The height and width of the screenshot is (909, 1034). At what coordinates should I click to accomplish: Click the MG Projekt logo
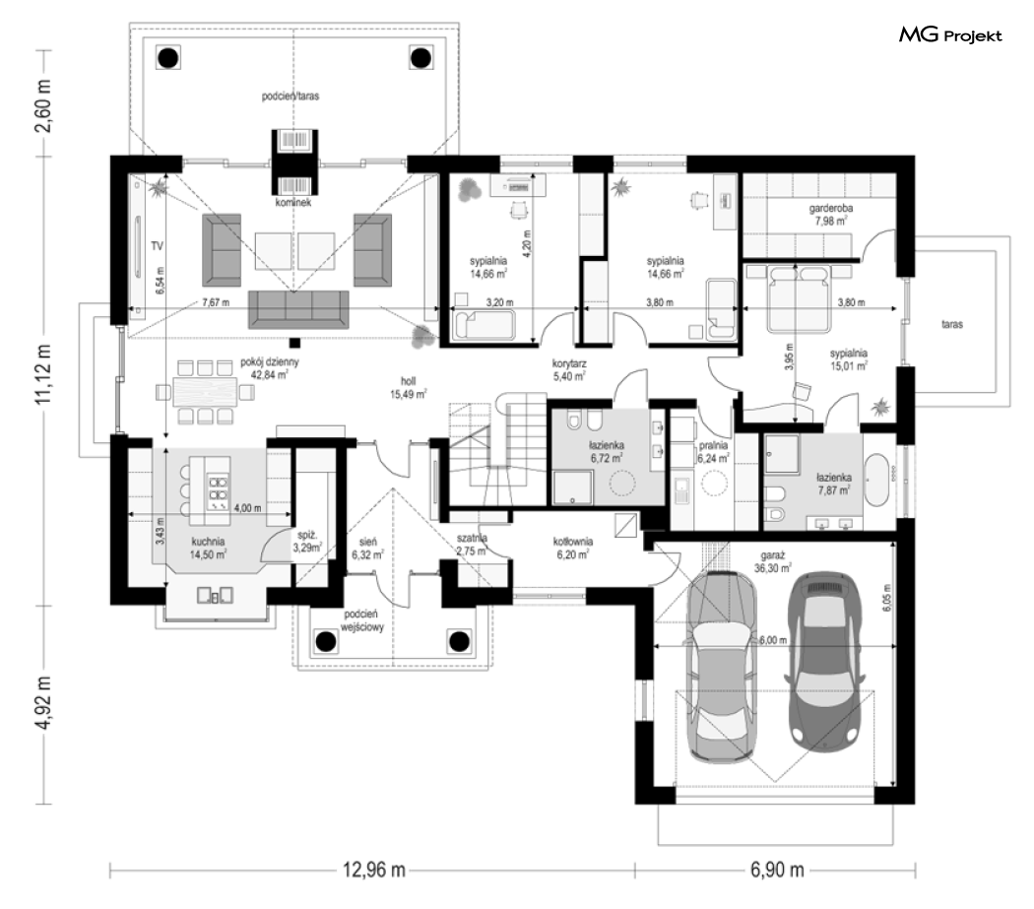tap(950, 35)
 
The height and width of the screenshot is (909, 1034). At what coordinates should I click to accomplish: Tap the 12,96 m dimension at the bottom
tap(373, 870)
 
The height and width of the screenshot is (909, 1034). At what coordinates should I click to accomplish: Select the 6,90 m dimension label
tap(777, 870)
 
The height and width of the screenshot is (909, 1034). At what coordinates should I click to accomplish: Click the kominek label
tap(293, 203)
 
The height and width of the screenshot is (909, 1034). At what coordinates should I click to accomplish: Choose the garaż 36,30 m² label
tap(772, 561)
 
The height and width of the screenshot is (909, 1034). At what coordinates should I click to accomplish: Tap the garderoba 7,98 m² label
tap(831, 215)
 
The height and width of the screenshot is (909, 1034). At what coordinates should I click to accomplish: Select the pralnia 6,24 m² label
tap(714, 451)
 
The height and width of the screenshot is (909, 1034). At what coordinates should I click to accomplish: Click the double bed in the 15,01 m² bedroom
tap(798, 296)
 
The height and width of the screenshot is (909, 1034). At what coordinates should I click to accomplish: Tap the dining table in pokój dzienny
tap(205, 392)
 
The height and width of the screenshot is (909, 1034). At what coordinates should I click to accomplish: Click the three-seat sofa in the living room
tap(298, 308)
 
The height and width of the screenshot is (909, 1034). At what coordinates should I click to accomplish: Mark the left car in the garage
tap(721, 668)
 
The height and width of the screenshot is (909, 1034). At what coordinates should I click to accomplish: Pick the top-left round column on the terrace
tap(168, 58)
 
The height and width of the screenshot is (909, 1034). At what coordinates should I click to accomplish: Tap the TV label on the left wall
tap(157, 246)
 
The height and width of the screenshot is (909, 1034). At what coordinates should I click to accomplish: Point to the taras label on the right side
tap(951, 325)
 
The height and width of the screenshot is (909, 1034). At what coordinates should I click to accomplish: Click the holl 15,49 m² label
tap(409, 388)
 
